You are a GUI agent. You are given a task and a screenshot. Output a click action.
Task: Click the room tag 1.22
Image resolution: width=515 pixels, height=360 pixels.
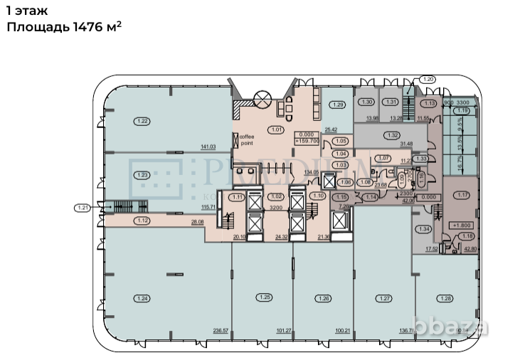click(142, 122)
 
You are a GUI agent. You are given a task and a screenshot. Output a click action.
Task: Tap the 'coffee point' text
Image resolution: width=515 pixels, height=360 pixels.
click(247, 139)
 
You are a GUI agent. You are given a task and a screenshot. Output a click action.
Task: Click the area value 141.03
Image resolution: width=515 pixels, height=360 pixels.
click(208, 147)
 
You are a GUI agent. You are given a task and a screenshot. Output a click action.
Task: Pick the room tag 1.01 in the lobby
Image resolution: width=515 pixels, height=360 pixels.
click(275, 129)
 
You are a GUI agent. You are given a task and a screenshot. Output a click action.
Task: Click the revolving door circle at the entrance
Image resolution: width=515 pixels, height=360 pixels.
click(263, 98)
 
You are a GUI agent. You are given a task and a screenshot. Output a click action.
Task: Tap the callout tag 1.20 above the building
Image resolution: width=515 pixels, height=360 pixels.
click(428, 79)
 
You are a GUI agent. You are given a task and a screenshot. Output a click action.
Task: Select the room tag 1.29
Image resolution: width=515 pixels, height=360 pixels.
click(338, 105)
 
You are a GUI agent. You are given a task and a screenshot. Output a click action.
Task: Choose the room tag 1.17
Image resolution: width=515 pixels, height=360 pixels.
click(464, 196)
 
